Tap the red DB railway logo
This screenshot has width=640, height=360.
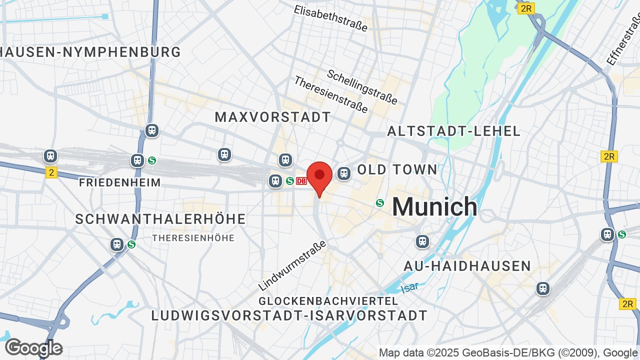(301, 181)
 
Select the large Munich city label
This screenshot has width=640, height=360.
(434, 206)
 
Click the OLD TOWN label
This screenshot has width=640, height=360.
(397, 169)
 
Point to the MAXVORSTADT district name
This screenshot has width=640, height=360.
(272, 117)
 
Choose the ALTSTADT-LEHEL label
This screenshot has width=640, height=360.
(454, 131)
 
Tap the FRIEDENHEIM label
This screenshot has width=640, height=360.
(120, 182)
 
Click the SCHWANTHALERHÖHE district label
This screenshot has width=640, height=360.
(160, 219)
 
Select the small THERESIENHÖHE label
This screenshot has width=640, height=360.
(193, 238)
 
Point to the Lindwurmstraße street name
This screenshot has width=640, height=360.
(292, 265)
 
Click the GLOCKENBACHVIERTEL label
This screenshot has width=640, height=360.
(328, 301)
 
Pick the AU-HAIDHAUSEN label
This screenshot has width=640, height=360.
(467, 265)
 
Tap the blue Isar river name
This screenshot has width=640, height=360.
(410, 287)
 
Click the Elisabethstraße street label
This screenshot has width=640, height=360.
(331, 18)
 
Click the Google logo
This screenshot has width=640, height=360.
(33, 348)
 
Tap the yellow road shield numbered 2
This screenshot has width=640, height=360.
(51, 172)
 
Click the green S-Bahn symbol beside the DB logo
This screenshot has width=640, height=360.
(289, 181)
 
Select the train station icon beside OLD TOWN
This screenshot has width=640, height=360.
(343, 173)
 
